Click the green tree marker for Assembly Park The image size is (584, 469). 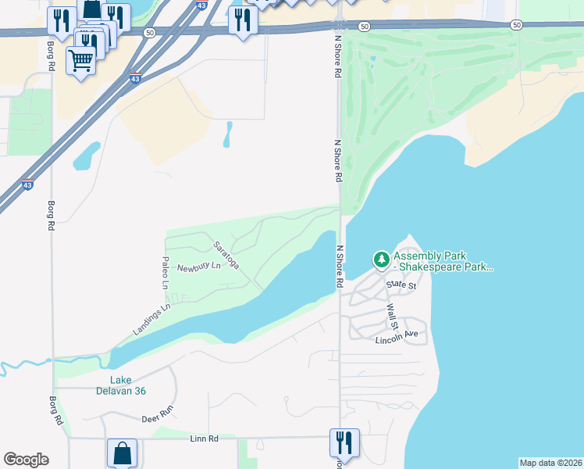point(381,259)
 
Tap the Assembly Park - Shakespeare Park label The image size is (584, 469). point(443,261)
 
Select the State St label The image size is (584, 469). point(401,286)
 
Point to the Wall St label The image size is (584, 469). point(392,317)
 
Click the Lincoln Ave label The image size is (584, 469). point(397,337)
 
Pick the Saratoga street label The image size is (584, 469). point(226,256)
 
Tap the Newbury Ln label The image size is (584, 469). point(199,267)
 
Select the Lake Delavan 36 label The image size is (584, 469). point(122,385)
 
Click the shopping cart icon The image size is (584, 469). point(81,59)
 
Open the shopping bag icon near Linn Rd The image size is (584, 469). point(123,453)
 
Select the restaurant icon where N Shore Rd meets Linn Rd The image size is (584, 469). point(344,442)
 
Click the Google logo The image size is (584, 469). point(26,460)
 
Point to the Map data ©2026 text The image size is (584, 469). point(550,463)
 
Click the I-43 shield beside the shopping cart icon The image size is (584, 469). point(136,79)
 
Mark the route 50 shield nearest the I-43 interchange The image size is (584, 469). point(149,32)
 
